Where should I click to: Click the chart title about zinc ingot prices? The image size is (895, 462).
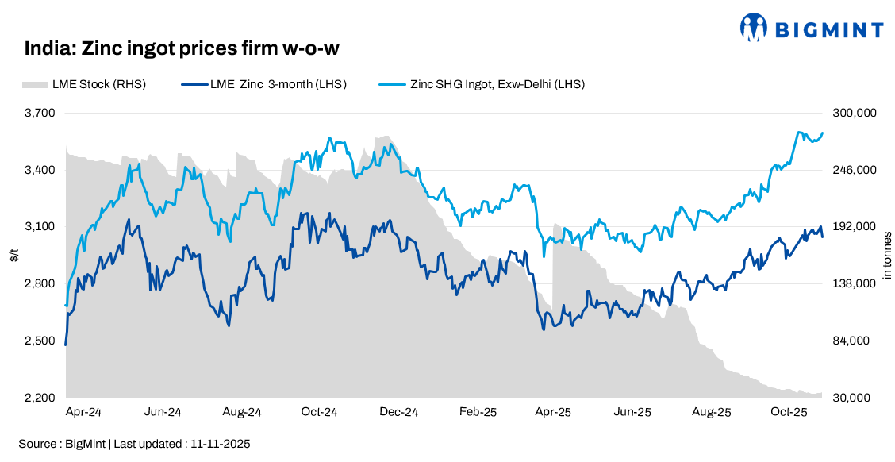coord(182,48)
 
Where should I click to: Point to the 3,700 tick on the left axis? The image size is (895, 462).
coord(40,113)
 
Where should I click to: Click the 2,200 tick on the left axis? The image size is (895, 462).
coord(40,398)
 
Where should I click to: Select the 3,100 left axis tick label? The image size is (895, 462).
coord(40,227)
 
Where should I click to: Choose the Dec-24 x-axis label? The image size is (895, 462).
coord(399,413)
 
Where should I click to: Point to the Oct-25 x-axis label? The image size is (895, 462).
coord(789,413)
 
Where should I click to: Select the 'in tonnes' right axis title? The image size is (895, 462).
coord(886,256)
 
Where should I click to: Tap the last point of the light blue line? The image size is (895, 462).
coord(823,133)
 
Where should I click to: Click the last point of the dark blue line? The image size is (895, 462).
coord(823,237)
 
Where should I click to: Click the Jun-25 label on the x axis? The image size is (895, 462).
coord(633,413)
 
